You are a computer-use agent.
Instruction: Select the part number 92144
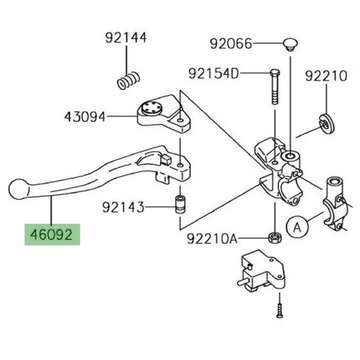coord(125,37)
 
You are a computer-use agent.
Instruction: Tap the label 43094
coord(85,117)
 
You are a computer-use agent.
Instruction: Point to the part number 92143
coord(123,209)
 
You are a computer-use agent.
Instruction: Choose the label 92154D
coord(213,74)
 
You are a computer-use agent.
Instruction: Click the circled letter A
coord(295,228)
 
